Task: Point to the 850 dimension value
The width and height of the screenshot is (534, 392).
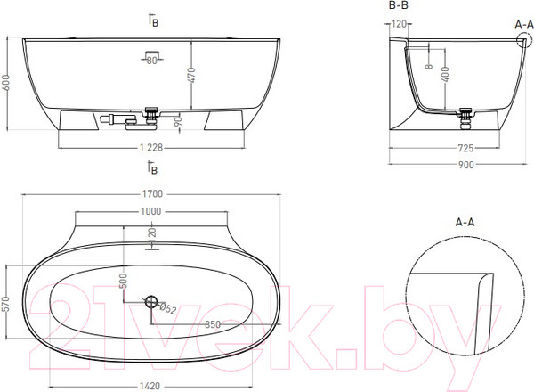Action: (x=213, y=324)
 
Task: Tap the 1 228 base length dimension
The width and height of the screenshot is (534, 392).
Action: (x=152, y=148)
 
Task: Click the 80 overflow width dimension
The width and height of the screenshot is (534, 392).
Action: (x=152, y=61)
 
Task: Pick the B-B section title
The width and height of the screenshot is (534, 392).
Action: (x=398, y=6)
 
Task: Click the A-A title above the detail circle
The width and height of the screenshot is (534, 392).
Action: (x=465, y=221)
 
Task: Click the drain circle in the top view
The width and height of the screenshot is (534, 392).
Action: (x=152, y=302)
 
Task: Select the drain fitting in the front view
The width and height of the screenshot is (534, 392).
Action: (x=152, y=114)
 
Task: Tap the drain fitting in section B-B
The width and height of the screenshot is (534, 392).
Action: (x=465, y=114)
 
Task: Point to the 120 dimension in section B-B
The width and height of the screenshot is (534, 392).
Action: (x=397, y=24)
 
